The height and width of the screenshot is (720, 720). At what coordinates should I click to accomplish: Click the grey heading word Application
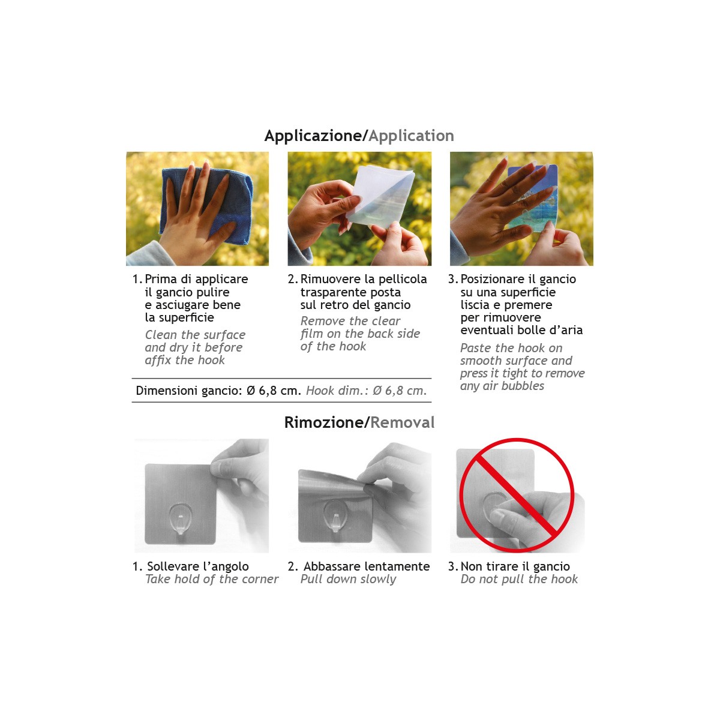click(x=412, y=136)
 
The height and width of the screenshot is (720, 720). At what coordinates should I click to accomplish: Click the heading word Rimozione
click(x=323, y=422)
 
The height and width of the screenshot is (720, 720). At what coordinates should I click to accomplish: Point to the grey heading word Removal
click(x=403, y=422)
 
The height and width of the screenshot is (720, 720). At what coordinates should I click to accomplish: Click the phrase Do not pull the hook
click(x=519, y=579)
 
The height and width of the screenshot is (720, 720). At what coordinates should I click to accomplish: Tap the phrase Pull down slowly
click(x=348, y=579)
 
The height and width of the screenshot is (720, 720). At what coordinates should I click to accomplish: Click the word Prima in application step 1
click(x=161, y=279)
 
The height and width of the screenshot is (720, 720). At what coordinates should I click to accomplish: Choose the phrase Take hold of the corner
click(x=212, y=579)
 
